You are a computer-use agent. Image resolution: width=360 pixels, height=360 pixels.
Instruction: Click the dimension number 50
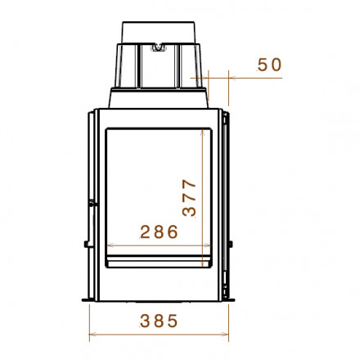pyautogui.click(x=269, y=65)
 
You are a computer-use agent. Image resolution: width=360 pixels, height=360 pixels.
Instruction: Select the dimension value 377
pyautogui.click(x=189, y=198)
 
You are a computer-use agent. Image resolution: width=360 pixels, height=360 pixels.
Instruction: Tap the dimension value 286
pyautogui.click(x=159, y=232)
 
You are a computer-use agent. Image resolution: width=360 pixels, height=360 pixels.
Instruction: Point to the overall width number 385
pyautogui.click(x=159, y=321)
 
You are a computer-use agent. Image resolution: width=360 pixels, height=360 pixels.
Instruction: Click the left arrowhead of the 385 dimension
pyautogui.click(x=92, y=334)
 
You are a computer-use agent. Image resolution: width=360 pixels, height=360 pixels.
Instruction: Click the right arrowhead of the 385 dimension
pyautogui.click(x=226, y=334)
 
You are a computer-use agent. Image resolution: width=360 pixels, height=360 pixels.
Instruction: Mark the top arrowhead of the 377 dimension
pyautogui.click(x=202, y=133)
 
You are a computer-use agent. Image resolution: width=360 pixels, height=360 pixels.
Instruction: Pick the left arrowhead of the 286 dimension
pyautogui.click(x=110, y=245)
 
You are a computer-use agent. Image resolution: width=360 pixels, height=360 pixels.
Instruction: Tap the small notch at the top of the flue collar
pyautogui.click(x=158, y=48)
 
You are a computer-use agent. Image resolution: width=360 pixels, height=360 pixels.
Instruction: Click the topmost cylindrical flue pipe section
pyautogui.click(x=159, y=33)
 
